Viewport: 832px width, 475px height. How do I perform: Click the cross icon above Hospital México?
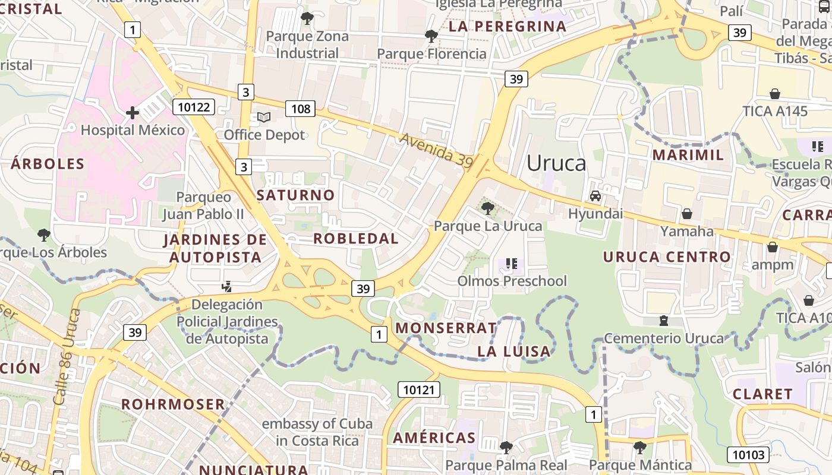pos(133,113)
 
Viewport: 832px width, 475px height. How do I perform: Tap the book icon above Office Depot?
pos(264,118)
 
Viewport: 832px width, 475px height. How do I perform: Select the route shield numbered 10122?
pos(194,107)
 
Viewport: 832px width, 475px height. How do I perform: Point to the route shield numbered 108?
pos(301,109)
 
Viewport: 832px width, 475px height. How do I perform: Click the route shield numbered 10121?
pos(419,389)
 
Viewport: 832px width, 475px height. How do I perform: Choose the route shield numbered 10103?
pos(748,455)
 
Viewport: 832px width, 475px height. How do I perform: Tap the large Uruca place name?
pos(556,163)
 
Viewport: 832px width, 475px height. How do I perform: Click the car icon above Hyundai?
pos(595,196)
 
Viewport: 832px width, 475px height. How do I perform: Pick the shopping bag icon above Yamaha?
pos(687,214)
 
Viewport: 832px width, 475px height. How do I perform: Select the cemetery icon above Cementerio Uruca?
pos(664,321)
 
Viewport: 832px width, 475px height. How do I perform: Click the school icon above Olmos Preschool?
pos(511,263)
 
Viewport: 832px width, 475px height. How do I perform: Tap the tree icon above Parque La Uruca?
pos(488,208)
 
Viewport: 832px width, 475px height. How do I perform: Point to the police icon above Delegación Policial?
pos(226,287)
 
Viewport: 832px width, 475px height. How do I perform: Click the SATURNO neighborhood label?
pos(295,195)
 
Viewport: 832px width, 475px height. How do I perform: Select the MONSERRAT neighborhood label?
pos(446,328)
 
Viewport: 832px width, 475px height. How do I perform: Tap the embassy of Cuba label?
pos(317,432)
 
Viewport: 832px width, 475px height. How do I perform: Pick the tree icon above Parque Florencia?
pos(431,36)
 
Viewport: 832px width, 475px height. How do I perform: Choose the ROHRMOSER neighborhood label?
pos(173,404)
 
